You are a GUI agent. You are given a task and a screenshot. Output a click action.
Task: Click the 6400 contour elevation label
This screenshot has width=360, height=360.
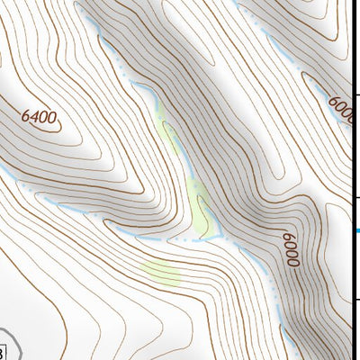point(38,116)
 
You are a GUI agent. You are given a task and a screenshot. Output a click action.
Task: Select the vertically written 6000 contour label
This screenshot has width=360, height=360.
point(291,249)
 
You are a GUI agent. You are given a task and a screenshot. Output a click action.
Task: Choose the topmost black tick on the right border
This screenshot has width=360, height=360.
point(355,94)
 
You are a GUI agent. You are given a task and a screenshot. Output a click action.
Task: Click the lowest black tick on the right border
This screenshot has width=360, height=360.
point(355,300)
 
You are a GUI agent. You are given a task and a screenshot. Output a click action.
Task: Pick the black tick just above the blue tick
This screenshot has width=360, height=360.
point(355,197)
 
